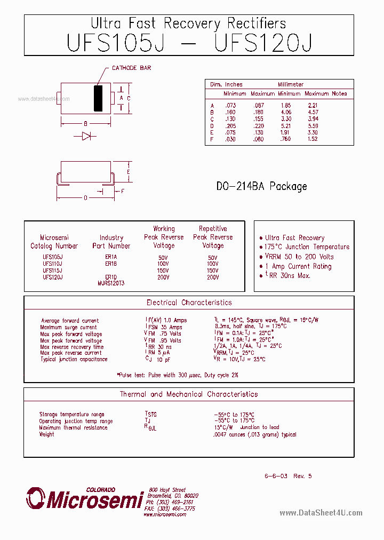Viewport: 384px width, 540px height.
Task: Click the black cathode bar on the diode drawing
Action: pyautogui.click(x=98, y=98)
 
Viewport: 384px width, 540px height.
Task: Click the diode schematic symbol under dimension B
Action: pyautogui.click(x=85, y=136)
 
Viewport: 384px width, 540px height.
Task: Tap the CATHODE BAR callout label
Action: pyautogui.click(x=131, y=68)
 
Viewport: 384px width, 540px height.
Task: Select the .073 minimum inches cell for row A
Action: pyautogui.click(x=230, y=106)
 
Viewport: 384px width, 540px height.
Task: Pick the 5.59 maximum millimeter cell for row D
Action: pyautogui.click(x=313, y=125)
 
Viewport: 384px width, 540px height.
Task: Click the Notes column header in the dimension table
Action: pyautogui.click(x=339, y=93)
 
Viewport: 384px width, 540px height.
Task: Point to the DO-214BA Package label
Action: pyautogui.click(x=261, y=186)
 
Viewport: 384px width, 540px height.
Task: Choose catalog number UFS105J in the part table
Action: pyautogui.click(x=52, y=257)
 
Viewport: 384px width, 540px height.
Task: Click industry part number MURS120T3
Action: pyautogui.click(x=110, y=283)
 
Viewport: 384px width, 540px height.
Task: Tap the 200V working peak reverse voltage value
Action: pyautogui.click(x=163, y=277)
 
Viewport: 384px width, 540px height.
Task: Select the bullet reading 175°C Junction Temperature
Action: pyautogui.click(x=307, y=247)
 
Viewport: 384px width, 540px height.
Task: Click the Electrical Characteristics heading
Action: pyautogui.click(x=189, y=303)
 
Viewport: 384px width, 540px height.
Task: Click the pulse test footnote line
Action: pyautogui.click(x=178, y=375)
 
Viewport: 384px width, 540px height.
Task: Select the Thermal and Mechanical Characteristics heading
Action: pyautogui.click(x=189, y=394)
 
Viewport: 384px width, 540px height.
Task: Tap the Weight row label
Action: pyautogui.click(x=46, y=434)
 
